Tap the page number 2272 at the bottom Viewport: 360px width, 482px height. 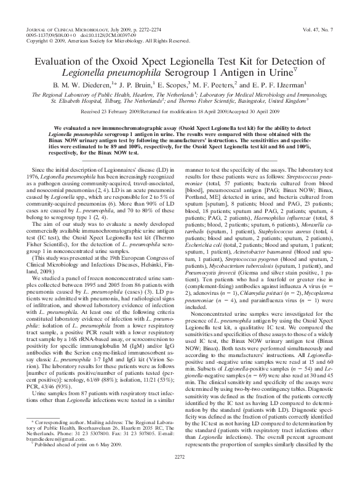179,473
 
